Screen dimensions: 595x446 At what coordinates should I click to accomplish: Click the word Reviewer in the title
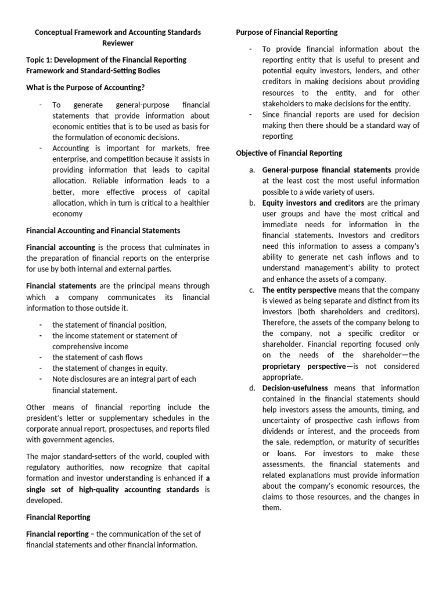pyautogui.click(x=118, y=43)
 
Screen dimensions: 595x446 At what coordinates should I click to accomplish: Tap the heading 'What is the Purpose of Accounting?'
pyautogui.click(x=85, y=87)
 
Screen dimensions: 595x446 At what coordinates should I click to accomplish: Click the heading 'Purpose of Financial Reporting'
pyautogui.click(x=287, y=32)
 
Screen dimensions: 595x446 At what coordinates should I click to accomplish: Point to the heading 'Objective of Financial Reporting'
pyautogui.click(x=289, y=153)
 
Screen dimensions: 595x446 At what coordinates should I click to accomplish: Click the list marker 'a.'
pyautogui.click(x=251, y=170)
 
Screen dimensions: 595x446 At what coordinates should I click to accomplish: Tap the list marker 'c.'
pyautogui.click(x=251, y=290)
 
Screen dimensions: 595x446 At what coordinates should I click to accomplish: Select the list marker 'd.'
pyautogui.click(x=251, y=388)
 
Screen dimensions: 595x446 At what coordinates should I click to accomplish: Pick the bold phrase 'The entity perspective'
pyautogui.click(x=299, y=290)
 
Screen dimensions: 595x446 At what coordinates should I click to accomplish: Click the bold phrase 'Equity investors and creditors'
pyautogui.click(x=313, y=203)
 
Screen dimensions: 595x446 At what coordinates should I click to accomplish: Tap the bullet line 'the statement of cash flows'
pyautogui.click(x=98, y=357)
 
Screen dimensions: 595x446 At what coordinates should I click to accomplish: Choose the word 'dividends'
pyautogui.click(x=281, y=431)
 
